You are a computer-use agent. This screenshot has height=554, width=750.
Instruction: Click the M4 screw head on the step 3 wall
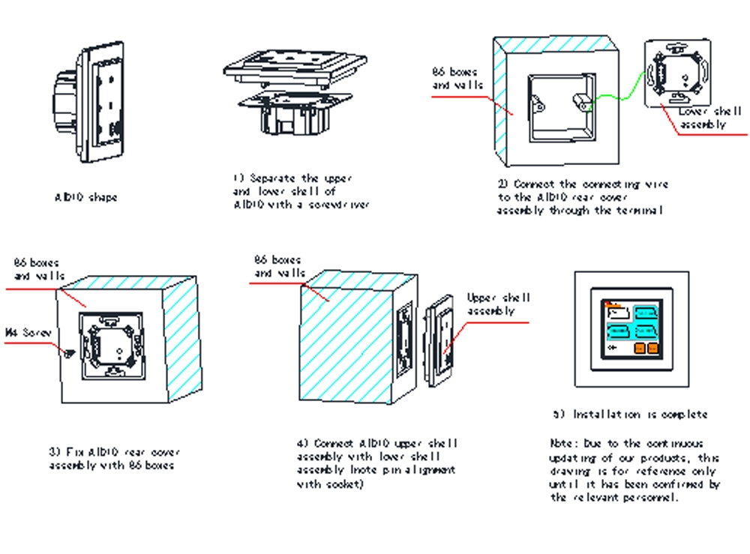click(x=70, y=353)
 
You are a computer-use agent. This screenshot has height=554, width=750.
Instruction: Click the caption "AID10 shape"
click(x=86, y=198)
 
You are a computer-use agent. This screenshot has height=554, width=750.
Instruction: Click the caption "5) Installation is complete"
click(x=630, y=415)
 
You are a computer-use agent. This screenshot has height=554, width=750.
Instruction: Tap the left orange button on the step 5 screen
click(x=640, y=347)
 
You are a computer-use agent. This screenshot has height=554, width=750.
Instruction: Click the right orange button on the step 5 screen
click(x=652, y=347)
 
